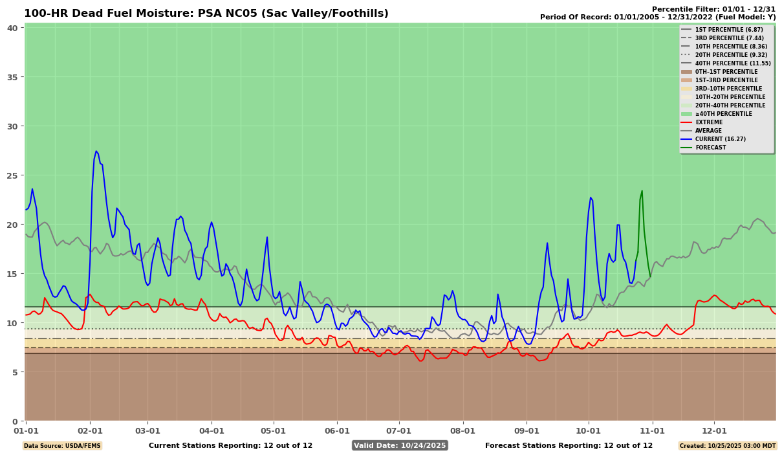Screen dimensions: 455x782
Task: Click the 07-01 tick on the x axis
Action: pyautogui.click(x=398, y=430)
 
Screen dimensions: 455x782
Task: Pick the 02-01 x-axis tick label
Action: pyautogui.click(x=90, y=430)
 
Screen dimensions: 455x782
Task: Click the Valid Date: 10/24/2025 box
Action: pyautogui.click(x=400, y=445)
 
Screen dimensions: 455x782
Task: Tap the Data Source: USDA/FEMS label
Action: pyautogui.click(x=62, y=446)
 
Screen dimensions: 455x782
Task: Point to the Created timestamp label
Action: pyautogui.click(x=727, y=446)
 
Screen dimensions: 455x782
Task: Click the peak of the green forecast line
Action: pyautogui.click(x=642, y=191)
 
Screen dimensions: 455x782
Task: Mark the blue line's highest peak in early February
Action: pyautogui.click(x=96, y=151)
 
